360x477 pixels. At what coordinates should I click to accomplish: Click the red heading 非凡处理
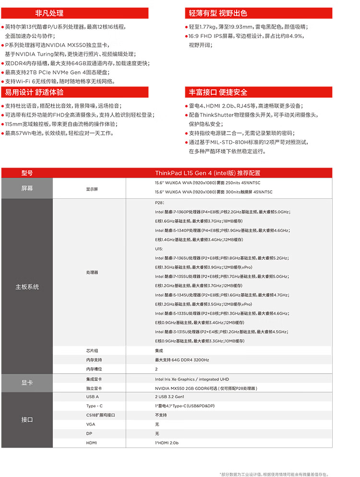point(49,13)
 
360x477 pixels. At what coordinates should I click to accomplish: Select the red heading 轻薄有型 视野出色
point(218,13)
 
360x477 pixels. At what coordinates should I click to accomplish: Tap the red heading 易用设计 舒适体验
point(34,92)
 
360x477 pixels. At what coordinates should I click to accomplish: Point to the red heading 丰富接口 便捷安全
point(218,92)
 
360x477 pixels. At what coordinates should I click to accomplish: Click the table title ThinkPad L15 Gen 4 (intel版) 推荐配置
point(208,173)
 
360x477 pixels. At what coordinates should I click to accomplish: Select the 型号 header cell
point(27,173)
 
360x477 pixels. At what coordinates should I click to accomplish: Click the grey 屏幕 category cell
point(27,188)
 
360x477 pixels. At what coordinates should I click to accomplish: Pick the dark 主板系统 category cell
point(27,287)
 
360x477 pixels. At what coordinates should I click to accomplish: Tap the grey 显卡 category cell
point(27,383)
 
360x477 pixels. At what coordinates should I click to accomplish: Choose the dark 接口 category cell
point(27,419)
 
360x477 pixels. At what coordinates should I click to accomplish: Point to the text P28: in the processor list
point(160,203)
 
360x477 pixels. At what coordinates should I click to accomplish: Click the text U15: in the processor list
point(159,249)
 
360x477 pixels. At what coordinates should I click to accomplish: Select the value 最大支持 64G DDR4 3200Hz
point(182,360)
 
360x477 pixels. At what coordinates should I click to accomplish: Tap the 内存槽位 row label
point(94,369)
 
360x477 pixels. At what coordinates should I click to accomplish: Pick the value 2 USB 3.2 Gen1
point(169,397)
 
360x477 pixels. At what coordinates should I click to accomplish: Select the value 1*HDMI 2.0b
point(167,442)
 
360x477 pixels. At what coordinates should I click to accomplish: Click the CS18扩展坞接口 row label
point(101,415)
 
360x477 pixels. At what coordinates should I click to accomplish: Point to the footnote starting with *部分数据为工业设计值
point(274,474)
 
